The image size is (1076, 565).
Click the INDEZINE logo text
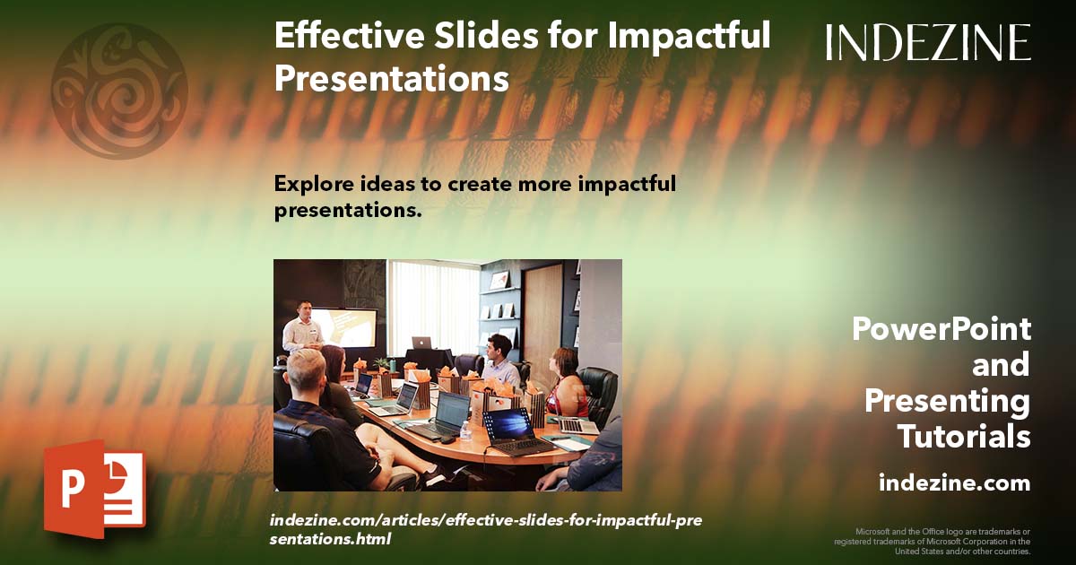[x=928, y=42]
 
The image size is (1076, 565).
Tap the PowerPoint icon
[x=93, y=489]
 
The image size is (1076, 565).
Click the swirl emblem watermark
[x=119, y=91]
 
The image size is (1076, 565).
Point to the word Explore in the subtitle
[x=309, y=184]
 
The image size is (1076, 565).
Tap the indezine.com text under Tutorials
[x=954, y=483]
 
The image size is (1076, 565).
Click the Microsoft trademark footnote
[x=933, y=541]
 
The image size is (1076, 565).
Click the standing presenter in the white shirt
[x=303, y=327]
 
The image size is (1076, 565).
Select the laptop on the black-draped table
[x=421, y=343]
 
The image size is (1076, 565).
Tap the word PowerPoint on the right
[x=941, y=329]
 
